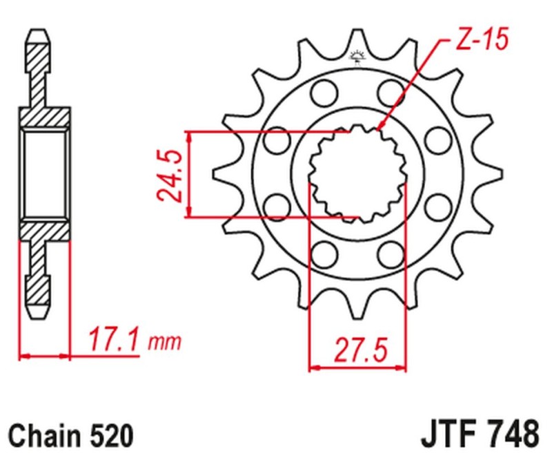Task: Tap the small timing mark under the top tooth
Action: point(357,57)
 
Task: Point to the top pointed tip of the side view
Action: point(38,33)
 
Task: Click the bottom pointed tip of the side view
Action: point(38,314)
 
